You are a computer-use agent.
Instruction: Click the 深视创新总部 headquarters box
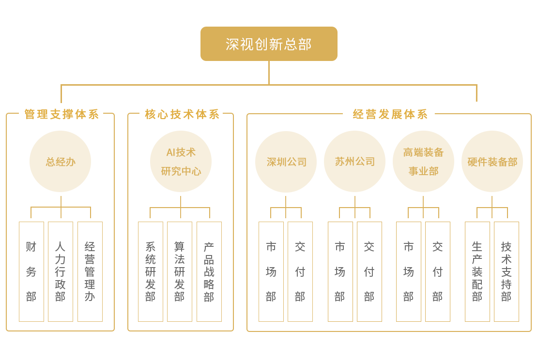click(x=269, y=44)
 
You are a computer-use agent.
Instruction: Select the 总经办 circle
click(x=61, y=162)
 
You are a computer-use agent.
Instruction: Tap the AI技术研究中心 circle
click(x=181, y=162)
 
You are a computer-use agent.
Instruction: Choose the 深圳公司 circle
click(x=286, y=162)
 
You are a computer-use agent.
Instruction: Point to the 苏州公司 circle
click(x=355, y=162)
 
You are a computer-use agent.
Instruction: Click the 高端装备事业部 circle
click(x=423, y=162)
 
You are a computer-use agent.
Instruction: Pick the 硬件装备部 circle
click(x=492, y=162)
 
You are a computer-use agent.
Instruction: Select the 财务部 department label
click(x=31, y=271)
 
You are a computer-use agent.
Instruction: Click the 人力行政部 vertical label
click(x=60, y=271)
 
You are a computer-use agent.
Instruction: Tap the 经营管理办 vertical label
click(x=90, y=271)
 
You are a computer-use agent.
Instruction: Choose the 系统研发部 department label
click(x=151, y=271)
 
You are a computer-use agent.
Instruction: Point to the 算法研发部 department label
click(x=180, y=271)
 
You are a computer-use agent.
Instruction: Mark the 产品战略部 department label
click(x=209, y=271)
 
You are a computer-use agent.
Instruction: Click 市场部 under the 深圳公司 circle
click(x=271, y=271)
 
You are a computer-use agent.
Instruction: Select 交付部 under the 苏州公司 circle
click(x=369, y=271)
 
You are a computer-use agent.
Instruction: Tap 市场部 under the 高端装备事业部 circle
click(x=408, y=271)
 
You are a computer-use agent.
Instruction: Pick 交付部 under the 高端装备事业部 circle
click(x=437, y=271)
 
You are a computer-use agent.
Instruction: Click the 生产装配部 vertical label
click(x=477, y=271)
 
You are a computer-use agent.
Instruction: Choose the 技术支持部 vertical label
click(x=506, y=271)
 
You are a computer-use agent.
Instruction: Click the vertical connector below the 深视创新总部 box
click(x=269, y=73)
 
